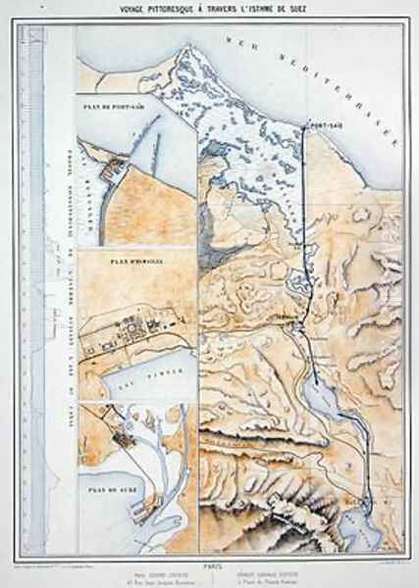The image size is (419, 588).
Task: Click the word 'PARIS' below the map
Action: pos(209,554)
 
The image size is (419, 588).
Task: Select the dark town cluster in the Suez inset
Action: pos(126,441)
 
